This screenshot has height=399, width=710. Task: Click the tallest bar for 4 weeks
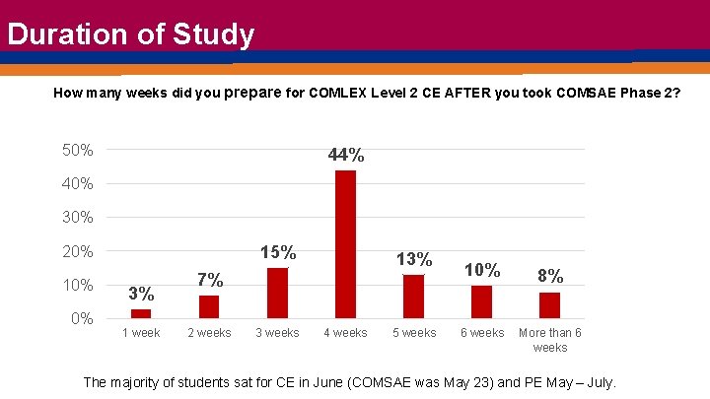coord(345,243)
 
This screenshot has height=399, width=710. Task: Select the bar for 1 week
coord(141,313)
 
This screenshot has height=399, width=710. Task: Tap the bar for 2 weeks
coord(209,306)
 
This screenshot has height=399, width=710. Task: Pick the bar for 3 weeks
coord(277,293)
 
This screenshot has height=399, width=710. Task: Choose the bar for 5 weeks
coord(413,296)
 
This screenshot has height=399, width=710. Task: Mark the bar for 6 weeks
coord(481,301)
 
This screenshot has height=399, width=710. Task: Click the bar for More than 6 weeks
coord(549,304)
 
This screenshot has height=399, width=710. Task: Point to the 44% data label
coord(346,156)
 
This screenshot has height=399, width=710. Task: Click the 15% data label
coord(277,253)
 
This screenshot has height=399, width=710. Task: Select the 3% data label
coord(141,294)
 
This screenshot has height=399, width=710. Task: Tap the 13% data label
coord(414,259)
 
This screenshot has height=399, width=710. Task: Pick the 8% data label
coord(550,276)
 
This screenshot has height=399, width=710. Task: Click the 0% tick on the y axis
coord(82,318)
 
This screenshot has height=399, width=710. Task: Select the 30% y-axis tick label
coord(78,218)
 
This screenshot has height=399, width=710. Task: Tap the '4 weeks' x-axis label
coord(345,333)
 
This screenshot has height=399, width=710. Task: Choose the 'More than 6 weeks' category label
coord(550,340)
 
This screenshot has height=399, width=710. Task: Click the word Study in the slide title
coord(213,34)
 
